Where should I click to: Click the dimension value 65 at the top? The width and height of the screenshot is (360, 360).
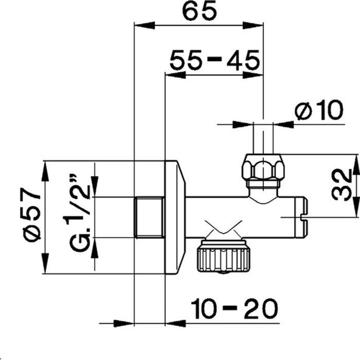(x=199, y=11)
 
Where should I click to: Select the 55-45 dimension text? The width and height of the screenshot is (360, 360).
(x=214, y=61)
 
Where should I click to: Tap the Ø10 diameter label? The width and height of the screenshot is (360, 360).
(x=319, y=111)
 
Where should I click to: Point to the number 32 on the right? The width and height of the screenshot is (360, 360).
(x=341, y=185)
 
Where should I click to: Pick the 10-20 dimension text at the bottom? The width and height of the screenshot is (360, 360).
(x=234, y=309)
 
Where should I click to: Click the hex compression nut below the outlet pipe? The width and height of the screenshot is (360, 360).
(x=264, y=167)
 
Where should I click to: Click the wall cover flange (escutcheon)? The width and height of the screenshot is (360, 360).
(x=174, y=217)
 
